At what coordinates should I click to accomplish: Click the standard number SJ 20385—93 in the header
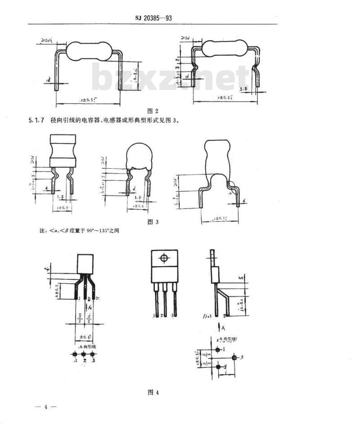click(153, 18)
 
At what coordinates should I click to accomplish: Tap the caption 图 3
click(153, 221)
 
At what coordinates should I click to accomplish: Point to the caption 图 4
click(153, 392)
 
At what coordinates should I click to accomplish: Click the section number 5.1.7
click(36, 121)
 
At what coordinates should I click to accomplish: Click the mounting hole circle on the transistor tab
click(164, 258)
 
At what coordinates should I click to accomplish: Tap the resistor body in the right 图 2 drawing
click(225, 48)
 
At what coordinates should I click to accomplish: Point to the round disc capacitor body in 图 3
click(139, 156)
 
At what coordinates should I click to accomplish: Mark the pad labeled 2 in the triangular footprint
click(234, 358)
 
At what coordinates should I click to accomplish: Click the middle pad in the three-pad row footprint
click(84, 354)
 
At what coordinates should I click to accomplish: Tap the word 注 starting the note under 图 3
click(42, 231)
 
